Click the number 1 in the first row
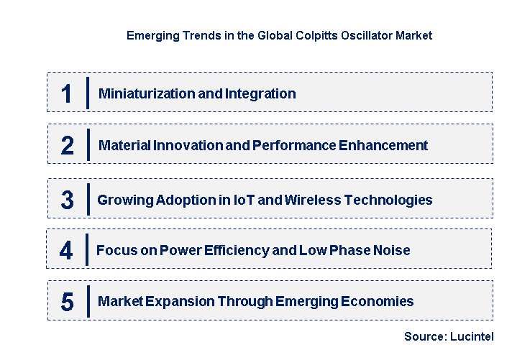67,94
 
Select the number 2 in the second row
68,146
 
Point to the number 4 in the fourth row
66,251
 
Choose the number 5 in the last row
67,302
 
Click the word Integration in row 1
260,93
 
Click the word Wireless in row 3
310,200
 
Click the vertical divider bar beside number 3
88,199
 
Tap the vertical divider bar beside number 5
88,301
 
